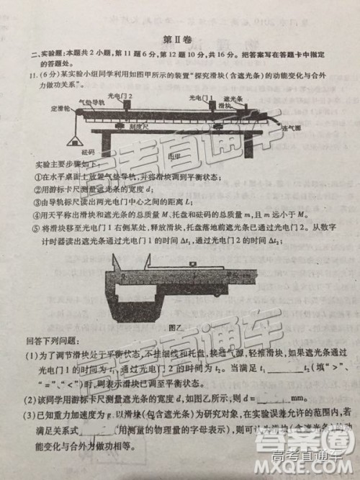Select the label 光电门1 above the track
coord(202,96)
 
